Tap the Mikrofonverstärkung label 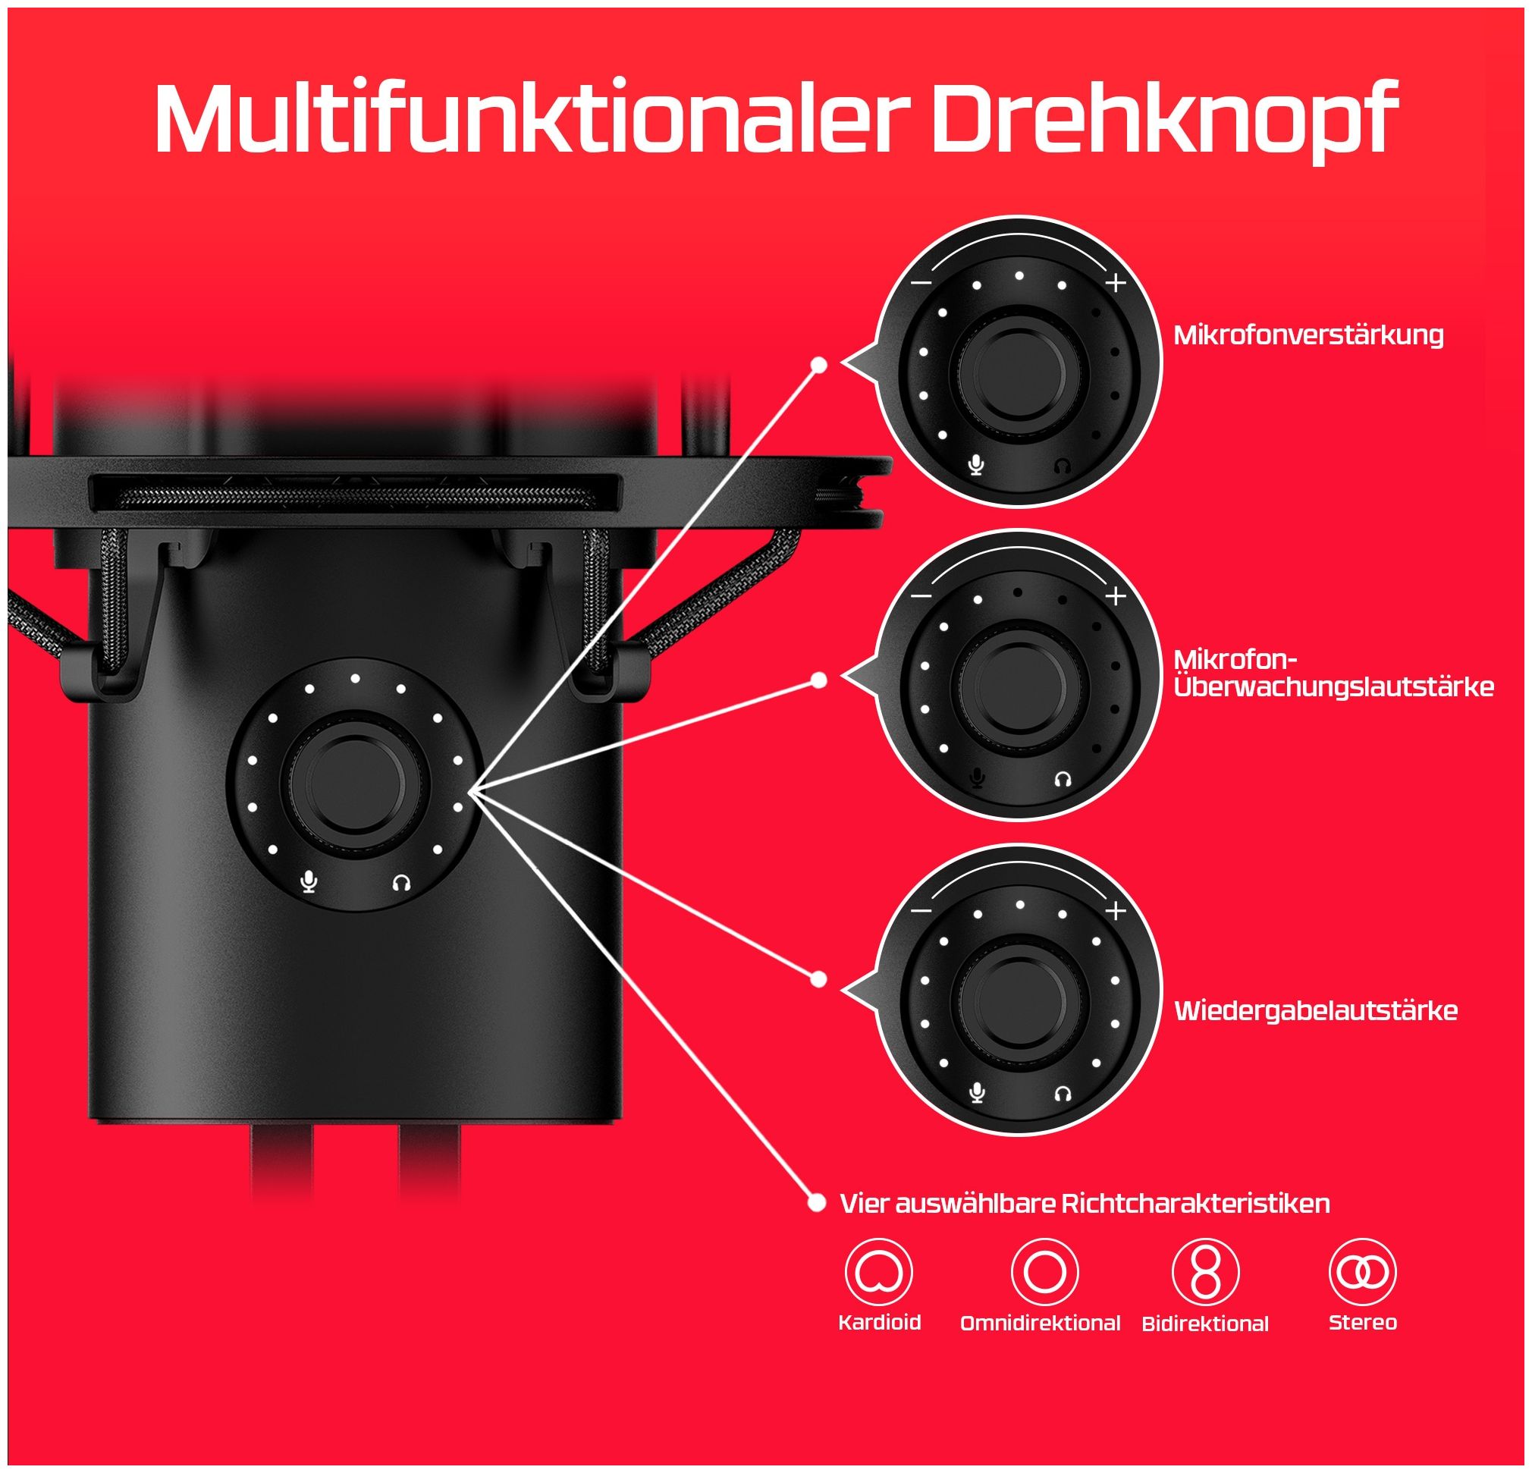click(x=1308, y=335)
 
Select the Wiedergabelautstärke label click(x=1316, y=1010)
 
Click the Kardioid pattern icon click(x=879, y=1272)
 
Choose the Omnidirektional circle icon click(x=1044, y=1272)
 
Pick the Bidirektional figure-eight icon click(x=1205, y=1272)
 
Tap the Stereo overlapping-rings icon click(x=1362, y=1272)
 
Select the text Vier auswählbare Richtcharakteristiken click(x=1085, y=1202)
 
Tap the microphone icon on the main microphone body click(x=310, y=883)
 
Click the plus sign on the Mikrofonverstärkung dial click(x=1116, y=283)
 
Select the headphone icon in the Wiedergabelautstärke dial click(x=1062, y=1093)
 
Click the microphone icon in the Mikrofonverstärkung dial click(x=976, y=466)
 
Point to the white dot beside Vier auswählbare click(x=817, y=1202)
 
